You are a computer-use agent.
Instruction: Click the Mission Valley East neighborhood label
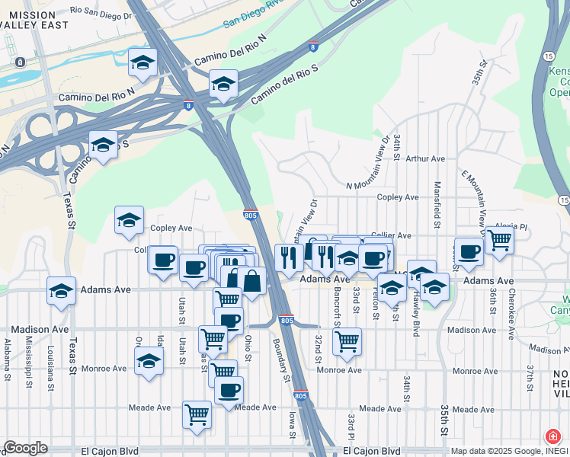click(31, 21)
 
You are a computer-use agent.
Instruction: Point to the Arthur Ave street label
click(425, 159)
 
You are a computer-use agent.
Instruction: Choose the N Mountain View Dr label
click(374, 181)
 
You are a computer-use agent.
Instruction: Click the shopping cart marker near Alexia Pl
click(499, 241)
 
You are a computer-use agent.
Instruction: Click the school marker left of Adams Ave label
click(61, 291)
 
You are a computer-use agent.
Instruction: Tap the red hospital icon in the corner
click(552, 437)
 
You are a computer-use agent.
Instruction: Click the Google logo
click(25, 448)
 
